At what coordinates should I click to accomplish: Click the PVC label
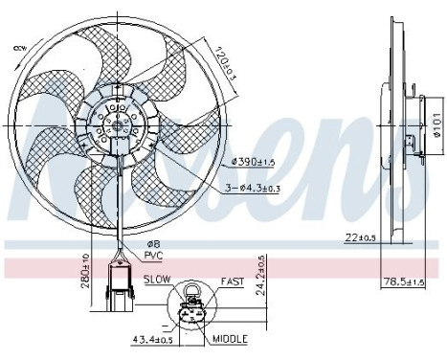pos(153,256)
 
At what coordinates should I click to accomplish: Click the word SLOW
pos(157,280)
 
